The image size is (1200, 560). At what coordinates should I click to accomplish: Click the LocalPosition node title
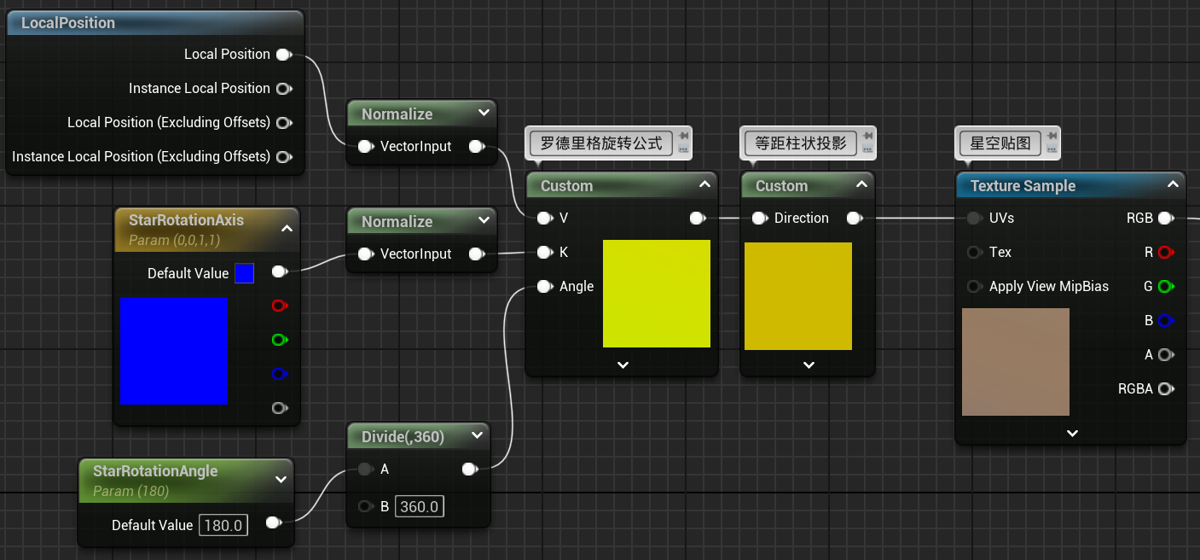(x=68, y=23)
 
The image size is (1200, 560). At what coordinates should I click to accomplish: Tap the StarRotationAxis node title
(x=186, y=220)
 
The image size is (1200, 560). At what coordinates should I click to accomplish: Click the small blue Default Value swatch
(x=244, y=273)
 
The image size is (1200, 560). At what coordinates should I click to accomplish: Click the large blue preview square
(x=174, y=350)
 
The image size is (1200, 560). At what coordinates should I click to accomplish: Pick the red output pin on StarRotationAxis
(x=279, y=306)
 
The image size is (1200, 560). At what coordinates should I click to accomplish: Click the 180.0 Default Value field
(x=223, y=525)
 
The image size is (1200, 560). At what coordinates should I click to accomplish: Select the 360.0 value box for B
(x=420, y=506)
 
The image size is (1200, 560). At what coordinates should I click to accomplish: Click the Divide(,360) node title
(x=403, y=437)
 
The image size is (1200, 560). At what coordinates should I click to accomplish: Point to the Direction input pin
(x=759, y=219)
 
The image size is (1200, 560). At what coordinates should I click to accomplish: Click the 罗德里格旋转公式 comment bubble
(x=601, y=143)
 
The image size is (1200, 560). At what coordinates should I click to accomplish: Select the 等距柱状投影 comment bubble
(x=801, y=143)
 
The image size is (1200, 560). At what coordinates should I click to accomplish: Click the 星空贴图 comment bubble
(x=1000, y=143)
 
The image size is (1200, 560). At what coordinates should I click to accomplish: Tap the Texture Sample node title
(x=1023, y=186)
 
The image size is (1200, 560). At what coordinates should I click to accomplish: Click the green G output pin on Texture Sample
(x=1166, y=287)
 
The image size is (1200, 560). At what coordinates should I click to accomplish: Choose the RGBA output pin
(x=1166, y=389)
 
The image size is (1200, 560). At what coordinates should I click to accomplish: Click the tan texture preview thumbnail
(x=1015, y=362)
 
